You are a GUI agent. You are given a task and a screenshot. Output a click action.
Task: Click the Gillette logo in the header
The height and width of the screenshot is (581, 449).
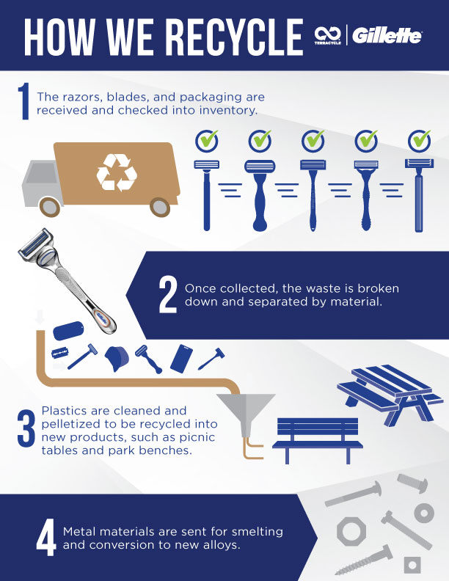point(387,36)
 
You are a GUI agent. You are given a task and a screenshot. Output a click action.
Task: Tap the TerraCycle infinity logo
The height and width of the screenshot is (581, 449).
point(328,35)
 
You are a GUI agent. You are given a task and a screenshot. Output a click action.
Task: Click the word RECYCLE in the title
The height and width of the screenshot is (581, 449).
point(234,37)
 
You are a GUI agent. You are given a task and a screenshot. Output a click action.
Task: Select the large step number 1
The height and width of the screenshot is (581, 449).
point(24,101)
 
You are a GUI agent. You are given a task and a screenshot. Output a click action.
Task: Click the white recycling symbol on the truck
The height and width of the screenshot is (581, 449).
point(117,172)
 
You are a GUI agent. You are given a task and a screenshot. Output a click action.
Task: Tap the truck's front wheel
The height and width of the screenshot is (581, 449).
point(50,207)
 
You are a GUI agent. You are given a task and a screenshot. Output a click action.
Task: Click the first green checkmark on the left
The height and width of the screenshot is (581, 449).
point(207,140)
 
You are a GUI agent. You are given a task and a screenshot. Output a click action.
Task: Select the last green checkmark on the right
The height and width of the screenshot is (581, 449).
point(420,140)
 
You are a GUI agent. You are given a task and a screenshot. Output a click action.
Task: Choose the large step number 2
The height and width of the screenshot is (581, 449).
point(168,296)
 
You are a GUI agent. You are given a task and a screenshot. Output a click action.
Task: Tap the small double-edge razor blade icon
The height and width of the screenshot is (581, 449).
point(58,353)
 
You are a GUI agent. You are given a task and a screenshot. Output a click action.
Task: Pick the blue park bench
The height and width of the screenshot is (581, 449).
point(317,440)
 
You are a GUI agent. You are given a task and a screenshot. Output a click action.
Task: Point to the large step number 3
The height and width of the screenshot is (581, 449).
point(26,429)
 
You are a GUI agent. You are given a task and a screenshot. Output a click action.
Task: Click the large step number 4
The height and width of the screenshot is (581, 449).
point(46,537)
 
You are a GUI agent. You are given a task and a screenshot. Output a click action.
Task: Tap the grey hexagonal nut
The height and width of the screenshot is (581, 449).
point(351,531)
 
